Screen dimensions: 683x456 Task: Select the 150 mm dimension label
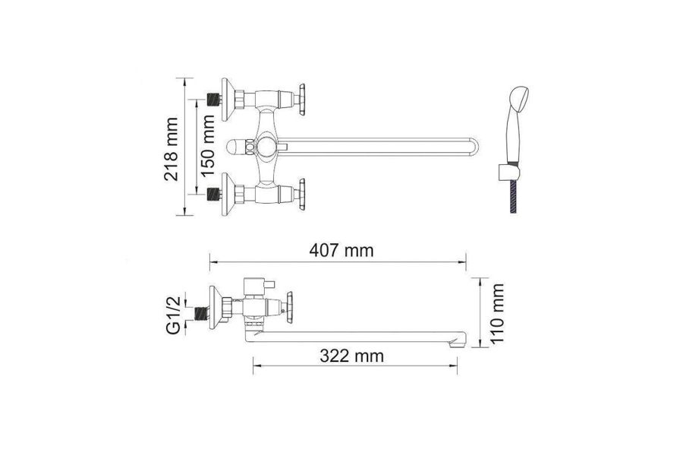click(208, 146)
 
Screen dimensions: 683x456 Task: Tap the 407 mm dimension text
click(341, 251)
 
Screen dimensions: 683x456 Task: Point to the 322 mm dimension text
click(352, 356)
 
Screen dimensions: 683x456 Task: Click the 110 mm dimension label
click(496, 314)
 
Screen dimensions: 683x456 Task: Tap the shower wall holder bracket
click(508, 172)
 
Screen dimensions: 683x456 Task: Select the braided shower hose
click(514, 197)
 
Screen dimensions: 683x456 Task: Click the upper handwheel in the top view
click(301, 100)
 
